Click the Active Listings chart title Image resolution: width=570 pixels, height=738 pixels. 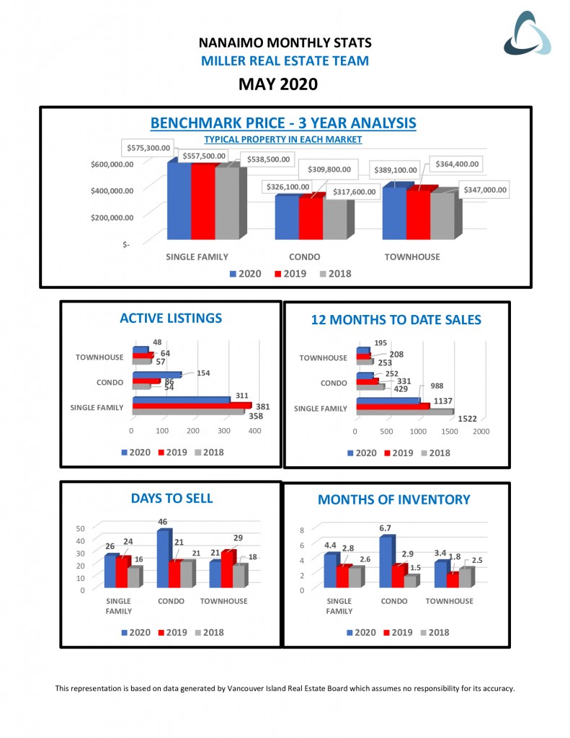point(171,318)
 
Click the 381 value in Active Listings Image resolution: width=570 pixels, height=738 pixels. point(262,406)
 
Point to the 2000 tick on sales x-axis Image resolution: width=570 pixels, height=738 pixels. point(481,431)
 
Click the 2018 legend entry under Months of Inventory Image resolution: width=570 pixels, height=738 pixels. point(433,632)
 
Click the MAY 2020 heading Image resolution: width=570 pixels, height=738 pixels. point(277,84)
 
